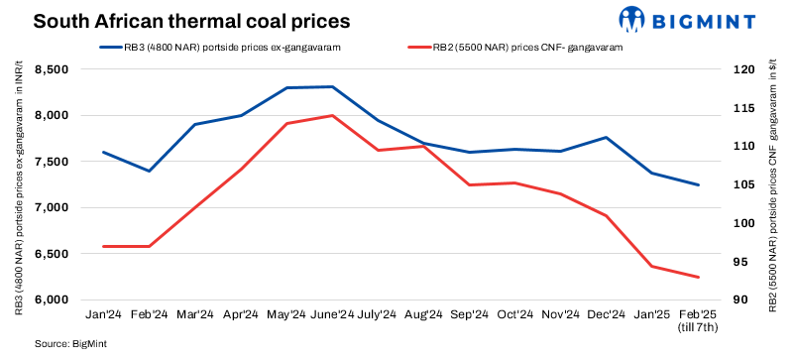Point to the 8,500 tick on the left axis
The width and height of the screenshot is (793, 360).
point(52,69)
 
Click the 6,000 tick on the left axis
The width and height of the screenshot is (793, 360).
point(52,300)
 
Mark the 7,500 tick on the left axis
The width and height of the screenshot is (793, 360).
point(52,162)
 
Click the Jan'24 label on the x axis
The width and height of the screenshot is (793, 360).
point(103,315)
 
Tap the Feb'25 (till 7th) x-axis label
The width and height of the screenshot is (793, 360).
point(698,320)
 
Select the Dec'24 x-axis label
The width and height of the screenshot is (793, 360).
point(607,315)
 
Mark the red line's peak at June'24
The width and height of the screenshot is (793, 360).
point(331,116)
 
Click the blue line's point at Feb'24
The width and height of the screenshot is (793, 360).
point(149,171)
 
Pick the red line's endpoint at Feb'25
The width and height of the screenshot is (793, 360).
point(698,277)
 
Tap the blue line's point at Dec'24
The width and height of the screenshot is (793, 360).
point(607,138)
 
